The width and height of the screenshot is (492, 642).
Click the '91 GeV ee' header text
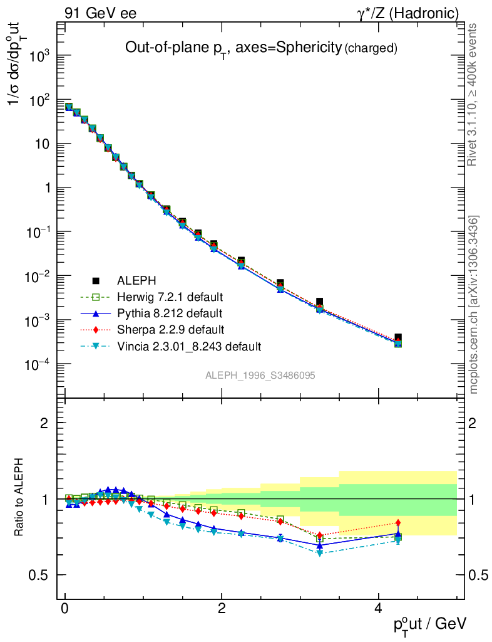pyautogui.click(x=100, y=13)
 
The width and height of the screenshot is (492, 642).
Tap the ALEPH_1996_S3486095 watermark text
pyautogui.click(x=260, y=376)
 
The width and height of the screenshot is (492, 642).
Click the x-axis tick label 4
pyautogui.click(x=378, y=608)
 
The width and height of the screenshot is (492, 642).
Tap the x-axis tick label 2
pyautogui.click(x=222, y=608)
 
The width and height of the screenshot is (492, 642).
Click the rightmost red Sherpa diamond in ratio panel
pyautogui.click(x=398, y=523)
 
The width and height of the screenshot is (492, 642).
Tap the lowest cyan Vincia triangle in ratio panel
pyautogui.click(x=320, y=553)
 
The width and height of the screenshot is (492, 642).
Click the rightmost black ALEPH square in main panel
pyautogui.click(x=398, y=338)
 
